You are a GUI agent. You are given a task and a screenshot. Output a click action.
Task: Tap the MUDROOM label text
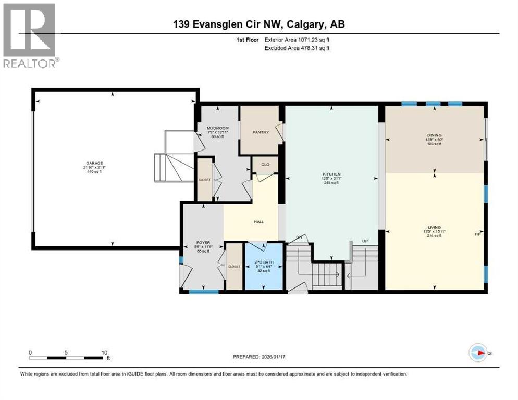[218, 128]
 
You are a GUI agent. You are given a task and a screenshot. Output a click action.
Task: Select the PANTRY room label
[260, 132]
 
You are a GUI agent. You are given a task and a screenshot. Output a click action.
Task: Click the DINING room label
[434, 135]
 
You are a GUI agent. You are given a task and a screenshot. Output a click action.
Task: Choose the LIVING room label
[434, 227]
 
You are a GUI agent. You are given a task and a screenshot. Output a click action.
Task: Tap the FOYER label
[202, 242]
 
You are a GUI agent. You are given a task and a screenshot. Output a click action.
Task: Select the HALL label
[258, 221]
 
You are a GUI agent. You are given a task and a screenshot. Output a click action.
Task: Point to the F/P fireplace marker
[477, 234]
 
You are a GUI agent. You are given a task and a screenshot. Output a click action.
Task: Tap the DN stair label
[299, 237]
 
